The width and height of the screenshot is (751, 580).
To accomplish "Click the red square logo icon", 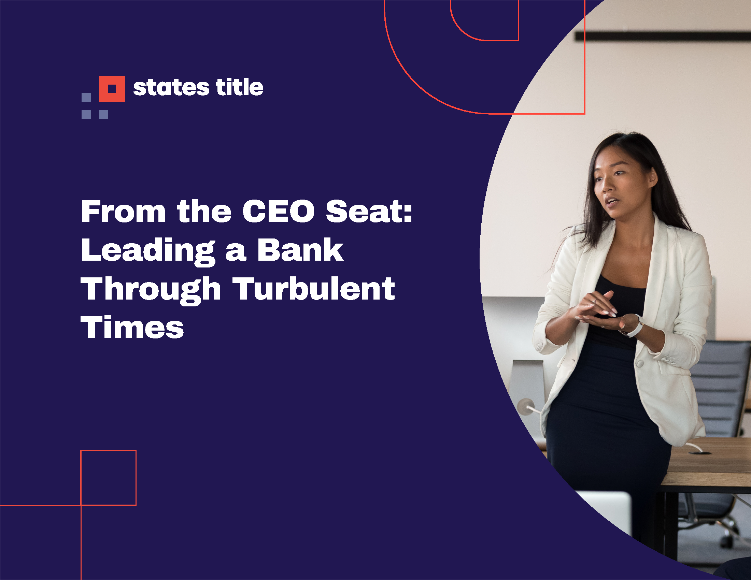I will pyautogui.click(x=112, y=89).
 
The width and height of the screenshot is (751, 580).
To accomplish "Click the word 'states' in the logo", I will pyautogui.click(x=171, y=88).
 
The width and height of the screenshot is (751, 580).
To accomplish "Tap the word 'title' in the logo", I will pyautogui.click(x=239, y=87).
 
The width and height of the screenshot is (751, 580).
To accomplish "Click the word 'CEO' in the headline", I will pyautogui.click(x=278, y=211).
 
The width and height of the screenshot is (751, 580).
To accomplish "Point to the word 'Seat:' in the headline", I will pyautogui.click(x=369, y=211).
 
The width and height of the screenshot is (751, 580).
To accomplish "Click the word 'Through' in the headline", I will pyautogui.click(x=151, y=290).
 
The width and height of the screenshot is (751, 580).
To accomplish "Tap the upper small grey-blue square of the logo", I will pyautogui.click(x=86, y=97).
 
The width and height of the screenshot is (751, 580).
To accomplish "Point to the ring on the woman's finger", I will pyautogui.click(x=594, y=302).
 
